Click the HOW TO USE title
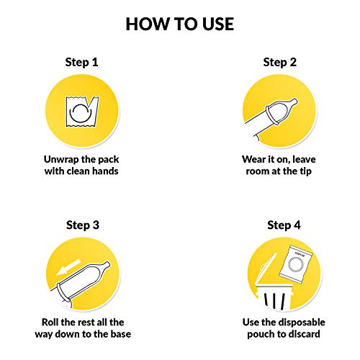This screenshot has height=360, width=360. (x=180, y=24)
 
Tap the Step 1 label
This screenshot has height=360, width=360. (x=81, y=63)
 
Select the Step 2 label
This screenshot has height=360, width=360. (x=280, y=63)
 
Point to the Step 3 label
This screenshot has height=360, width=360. (x=83, y=225)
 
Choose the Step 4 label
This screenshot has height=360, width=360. (x=284, y=225)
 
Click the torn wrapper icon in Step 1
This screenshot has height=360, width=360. (x=82, y=112)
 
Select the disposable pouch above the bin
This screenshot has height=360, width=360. (x=296, y=265)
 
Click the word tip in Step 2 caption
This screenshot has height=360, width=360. (x=305, y=171)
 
